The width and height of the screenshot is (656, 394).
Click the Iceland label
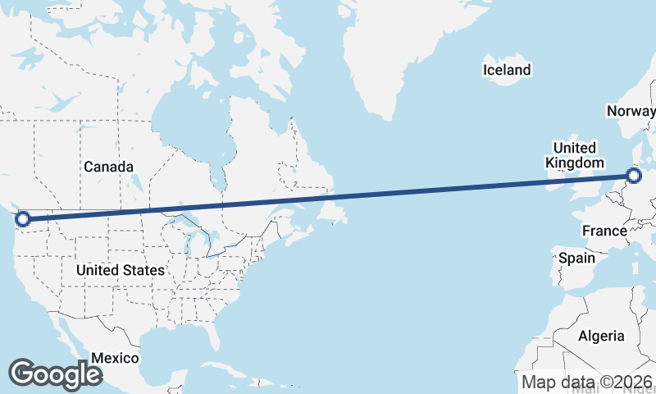click(x=506, y=70)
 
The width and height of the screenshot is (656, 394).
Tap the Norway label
click(x=631, y=112)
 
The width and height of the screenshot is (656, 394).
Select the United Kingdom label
click(x=574, y=155)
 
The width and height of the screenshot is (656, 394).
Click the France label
click(x=604, y=231)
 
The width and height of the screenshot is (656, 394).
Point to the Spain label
click(x=576, y=258)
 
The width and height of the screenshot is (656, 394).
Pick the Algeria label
click(x=601, y=336)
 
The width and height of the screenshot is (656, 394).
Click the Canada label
click(x=108, y=167)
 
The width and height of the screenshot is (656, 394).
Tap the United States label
click(x=120, y=270)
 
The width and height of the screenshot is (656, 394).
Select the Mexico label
click(x=115, y=359)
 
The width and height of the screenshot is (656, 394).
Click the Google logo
click(x=54, y=374)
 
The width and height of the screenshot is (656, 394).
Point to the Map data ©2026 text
click(x=587, y=382)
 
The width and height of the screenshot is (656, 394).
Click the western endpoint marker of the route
click(x=23, y=218)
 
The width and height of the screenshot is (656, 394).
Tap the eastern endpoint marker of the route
click(x=633, y=175)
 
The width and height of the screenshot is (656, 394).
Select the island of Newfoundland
click(x=333, y=210)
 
